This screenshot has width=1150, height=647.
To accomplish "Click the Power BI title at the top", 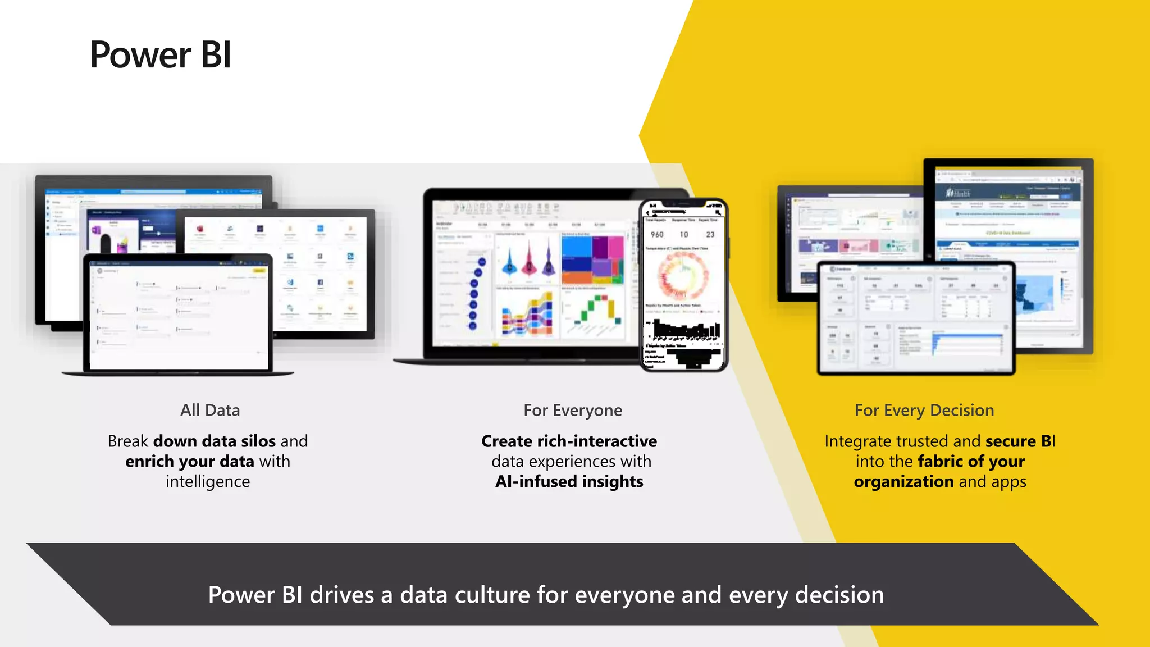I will pyautogui.click(x=161, y=55).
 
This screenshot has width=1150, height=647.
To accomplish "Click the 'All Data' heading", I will pyautogui.click(x=209, y=411).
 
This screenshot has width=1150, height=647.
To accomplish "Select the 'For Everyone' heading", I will pyautogui.click(x=572, y=411).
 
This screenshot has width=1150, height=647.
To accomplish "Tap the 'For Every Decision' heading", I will pyautogui.click(x=924, y=411).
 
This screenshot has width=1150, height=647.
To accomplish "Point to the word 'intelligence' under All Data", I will pyautogui.click(x=208, y=482).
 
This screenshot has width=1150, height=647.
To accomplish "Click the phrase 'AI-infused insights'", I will pyautogui.click(x=569, y=482).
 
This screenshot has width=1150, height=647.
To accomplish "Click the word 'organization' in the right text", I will pyautogui.click(x=903, y=482).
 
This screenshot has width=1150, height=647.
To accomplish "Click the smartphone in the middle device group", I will pyautogui.click(x=683, y=285).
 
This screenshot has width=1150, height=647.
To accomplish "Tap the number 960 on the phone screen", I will pyautogui.click(x=657, y=234).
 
